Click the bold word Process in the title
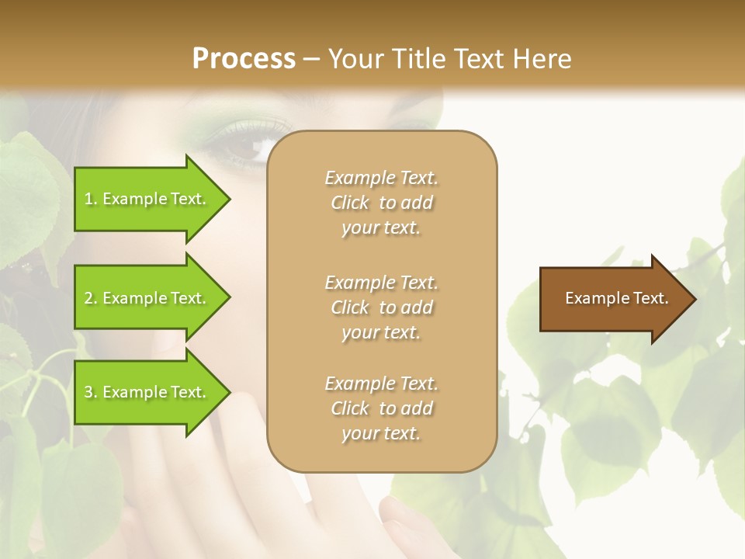click(x=244, y=59)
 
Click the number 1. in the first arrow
click(x=91, y=200)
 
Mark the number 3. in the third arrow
click(x=91, y=393)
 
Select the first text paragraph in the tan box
click(x=382, y=203)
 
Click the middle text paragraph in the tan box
click(x=382, y=307)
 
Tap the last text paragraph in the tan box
click(x=382, y=408)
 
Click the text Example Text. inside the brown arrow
click(x=617, y=299)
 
